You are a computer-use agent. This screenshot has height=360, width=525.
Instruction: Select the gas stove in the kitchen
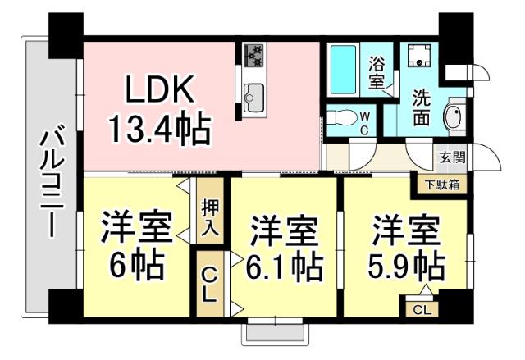(x=253, y=55)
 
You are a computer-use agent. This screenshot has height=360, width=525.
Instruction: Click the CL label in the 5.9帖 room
(x=421, y=310)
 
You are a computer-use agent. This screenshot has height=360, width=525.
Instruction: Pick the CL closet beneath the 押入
(x=210, y=283)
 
